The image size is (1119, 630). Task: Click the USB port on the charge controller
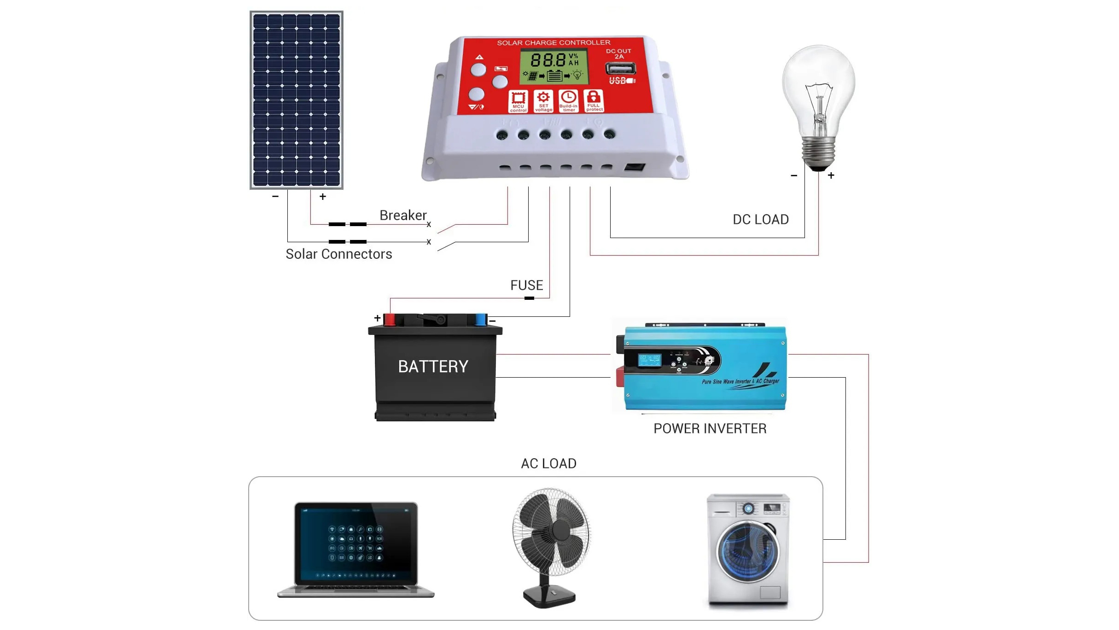coord(620,69)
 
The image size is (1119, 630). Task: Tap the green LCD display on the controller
coord(554,67)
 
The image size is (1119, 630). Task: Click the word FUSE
coord(526,286)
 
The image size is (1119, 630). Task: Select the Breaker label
coord(403,215)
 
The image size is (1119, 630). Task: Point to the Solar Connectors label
coord(338,254)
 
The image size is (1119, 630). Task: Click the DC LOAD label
coord(760,219)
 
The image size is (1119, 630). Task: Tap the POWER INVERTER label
coord(710,428)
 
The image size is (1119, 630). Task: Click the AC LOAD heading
coord(548,463)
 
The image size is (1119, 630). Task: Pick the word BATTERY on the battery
coord(433,367)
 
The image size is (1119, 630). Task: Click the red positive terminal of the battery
coord(390,319)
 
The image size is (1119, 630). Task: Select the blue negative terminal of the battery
coord(480,319)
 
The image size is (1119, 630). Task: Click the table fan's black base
coord(549,596)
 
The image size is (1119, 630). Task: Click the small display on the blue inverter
coord(649,360)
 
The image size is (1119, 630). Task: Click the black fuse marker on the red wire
coord(529,298)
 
